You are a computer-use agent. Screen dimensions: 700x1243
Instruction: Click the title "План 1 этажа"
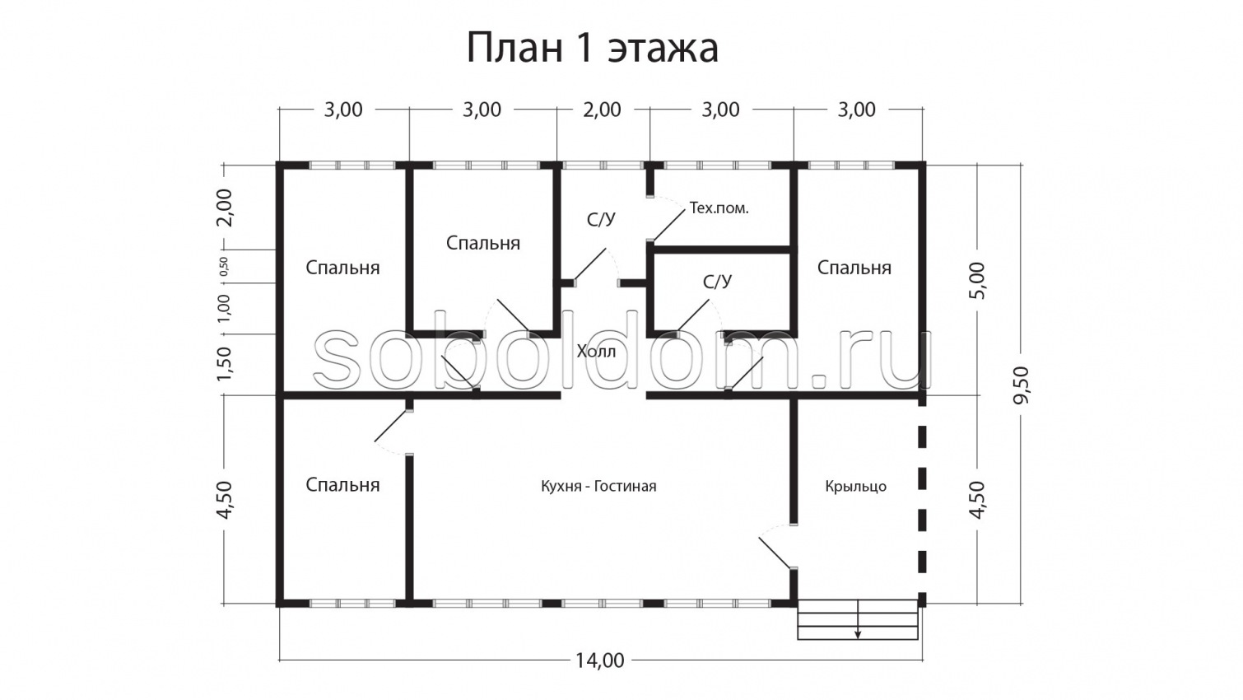(592, 49)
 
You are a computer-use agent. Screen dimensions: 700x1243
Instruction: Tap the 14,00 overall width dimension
(599, 660)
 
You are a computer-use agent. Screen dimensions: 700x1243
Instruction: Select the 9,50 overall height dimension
(1021, 384)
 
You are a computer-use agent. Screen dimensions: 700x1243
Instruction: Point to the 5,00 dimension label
(977, 281)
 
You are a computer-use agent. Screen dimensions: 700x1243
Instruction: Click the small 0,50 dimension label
(224, 266)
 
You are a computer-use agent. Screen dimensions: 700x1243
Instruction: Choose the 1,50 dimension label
(224, 363)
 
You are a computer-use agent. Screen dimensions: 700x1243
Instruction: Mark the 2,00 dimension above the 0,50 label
(224, 207)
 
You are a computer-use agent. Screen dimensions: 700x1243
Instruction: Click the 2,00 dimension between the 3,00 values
(602, 110)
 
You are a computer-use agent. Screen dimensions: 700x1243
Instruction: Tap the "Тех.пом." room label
(719, 208)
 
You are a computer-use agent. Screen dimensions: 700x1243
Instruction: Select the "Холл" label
(595, 352)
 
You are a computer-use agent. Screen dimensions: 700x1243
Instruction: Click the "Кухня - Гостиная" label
(598, 486)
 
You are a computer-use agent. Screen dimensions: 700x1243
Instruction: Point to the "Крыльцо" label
(855, 486)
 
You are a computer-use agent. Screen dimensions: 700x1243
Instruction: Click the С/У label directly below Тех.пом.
(716, 282)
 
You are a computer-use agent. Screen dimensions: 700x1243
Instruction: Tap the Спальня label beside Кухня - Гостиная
(342, 484)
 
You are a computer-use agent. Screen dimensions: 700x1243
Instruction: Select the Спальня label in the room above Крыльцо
(854, 268)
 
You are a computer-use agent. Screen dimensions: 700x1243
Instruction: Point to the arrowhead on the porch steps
(858, 634)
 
